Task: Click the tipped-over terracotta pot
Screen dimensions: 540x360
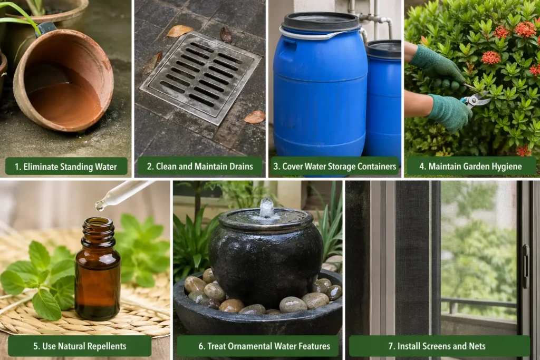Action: pos(64,81)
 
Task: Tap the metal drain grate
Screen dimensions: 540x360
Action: pos(201,77)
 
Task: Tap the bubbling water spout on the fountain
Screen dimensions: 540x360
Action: pos(267,208)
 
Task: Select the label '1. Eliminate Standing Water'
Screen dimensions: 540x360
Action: pos(66,167)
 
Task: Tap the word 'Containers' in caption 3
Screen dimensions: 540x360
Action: pos(377,167)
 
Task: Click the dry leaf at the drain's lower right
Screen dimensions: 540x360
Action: pos(255,117)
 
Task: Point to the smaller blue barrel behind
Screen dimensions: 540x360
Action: pos(383,100)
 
